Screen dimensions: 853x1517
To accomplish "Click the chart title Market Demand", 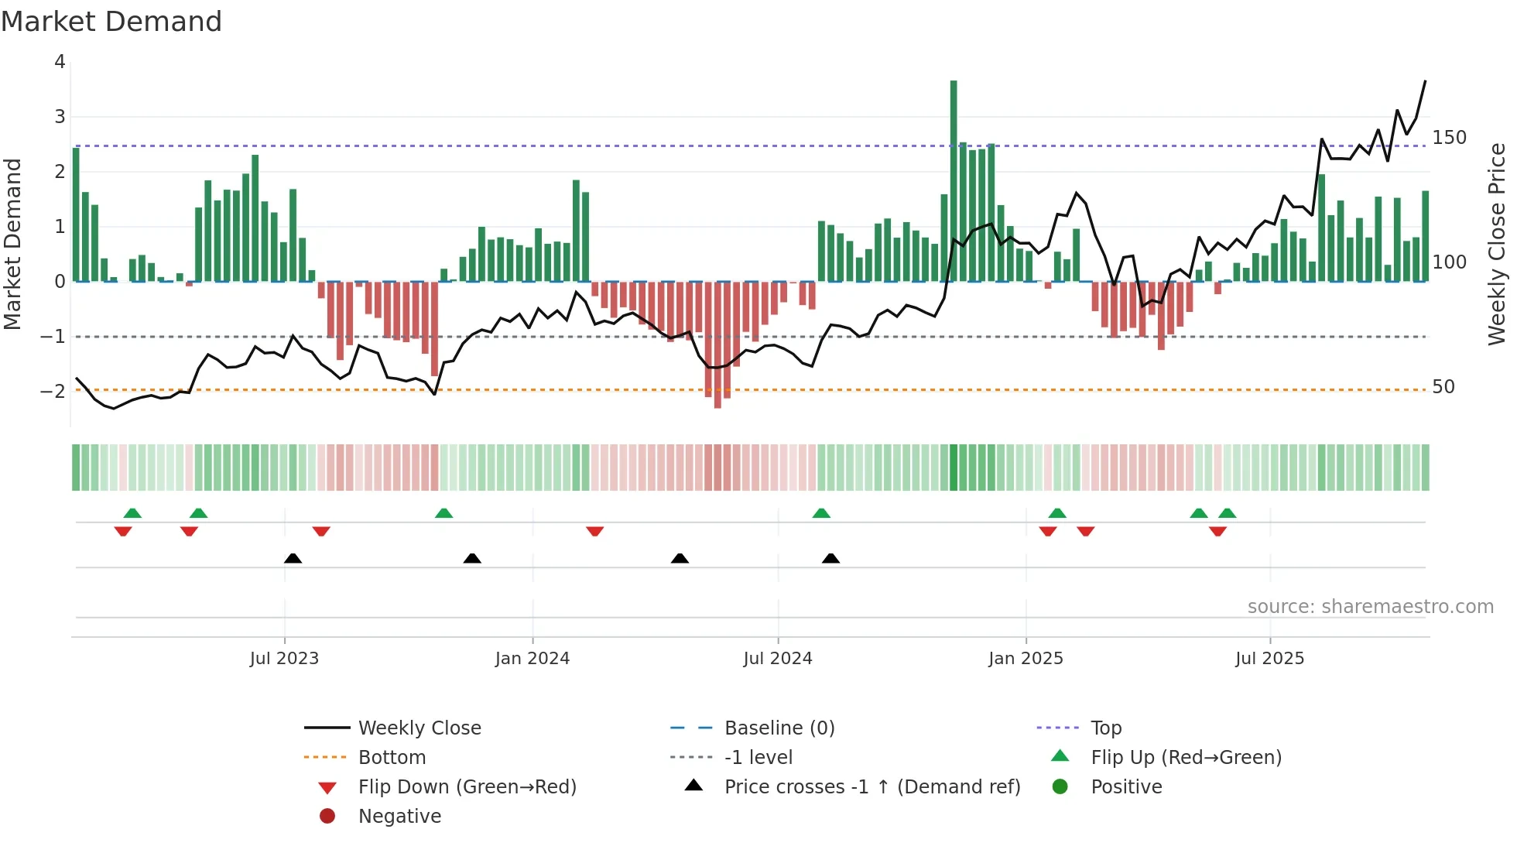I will [111, 22].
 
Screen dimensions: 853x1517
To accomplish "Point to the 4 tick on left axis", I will [60, 62].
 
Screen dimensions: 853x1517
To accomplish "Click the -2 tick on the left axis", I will [53, 391].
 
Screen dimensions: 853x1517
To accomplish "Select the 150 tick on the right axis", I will [1449, 138].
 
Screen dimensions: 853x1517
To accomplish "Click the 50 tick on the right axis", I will [1443, 387].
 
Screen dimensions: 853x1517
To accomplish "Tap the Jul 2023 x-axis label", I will [284, 659].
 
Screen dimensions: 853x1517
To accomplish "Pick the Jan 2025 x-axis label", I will [1026, 659].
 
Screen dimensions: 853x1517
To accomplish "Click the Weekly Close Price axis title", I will [1497, 244].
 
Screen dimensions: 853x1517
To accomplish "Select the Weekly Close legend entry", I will [419, 728].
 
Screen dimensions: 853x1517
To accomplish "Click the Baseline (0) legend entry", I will [779, 728].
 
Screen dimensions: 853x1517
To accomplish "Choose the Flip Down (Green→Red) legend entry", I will [467, 787].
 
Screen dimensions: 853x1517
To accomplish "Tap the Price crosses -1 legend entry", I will [872, 787].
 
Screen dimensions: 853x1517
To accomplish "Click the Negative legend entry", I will [399, 817].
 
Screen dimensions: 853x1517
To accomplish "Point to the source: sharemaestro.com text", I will [1370, 607].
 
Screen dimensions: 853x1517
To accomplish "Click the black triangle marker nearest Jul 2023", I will [293, 558].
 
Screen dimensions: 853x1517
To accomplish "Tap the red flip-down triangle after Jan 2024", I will [594, 532].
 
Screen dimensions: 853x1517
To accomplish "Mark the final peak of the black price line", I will [1425, 81].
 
